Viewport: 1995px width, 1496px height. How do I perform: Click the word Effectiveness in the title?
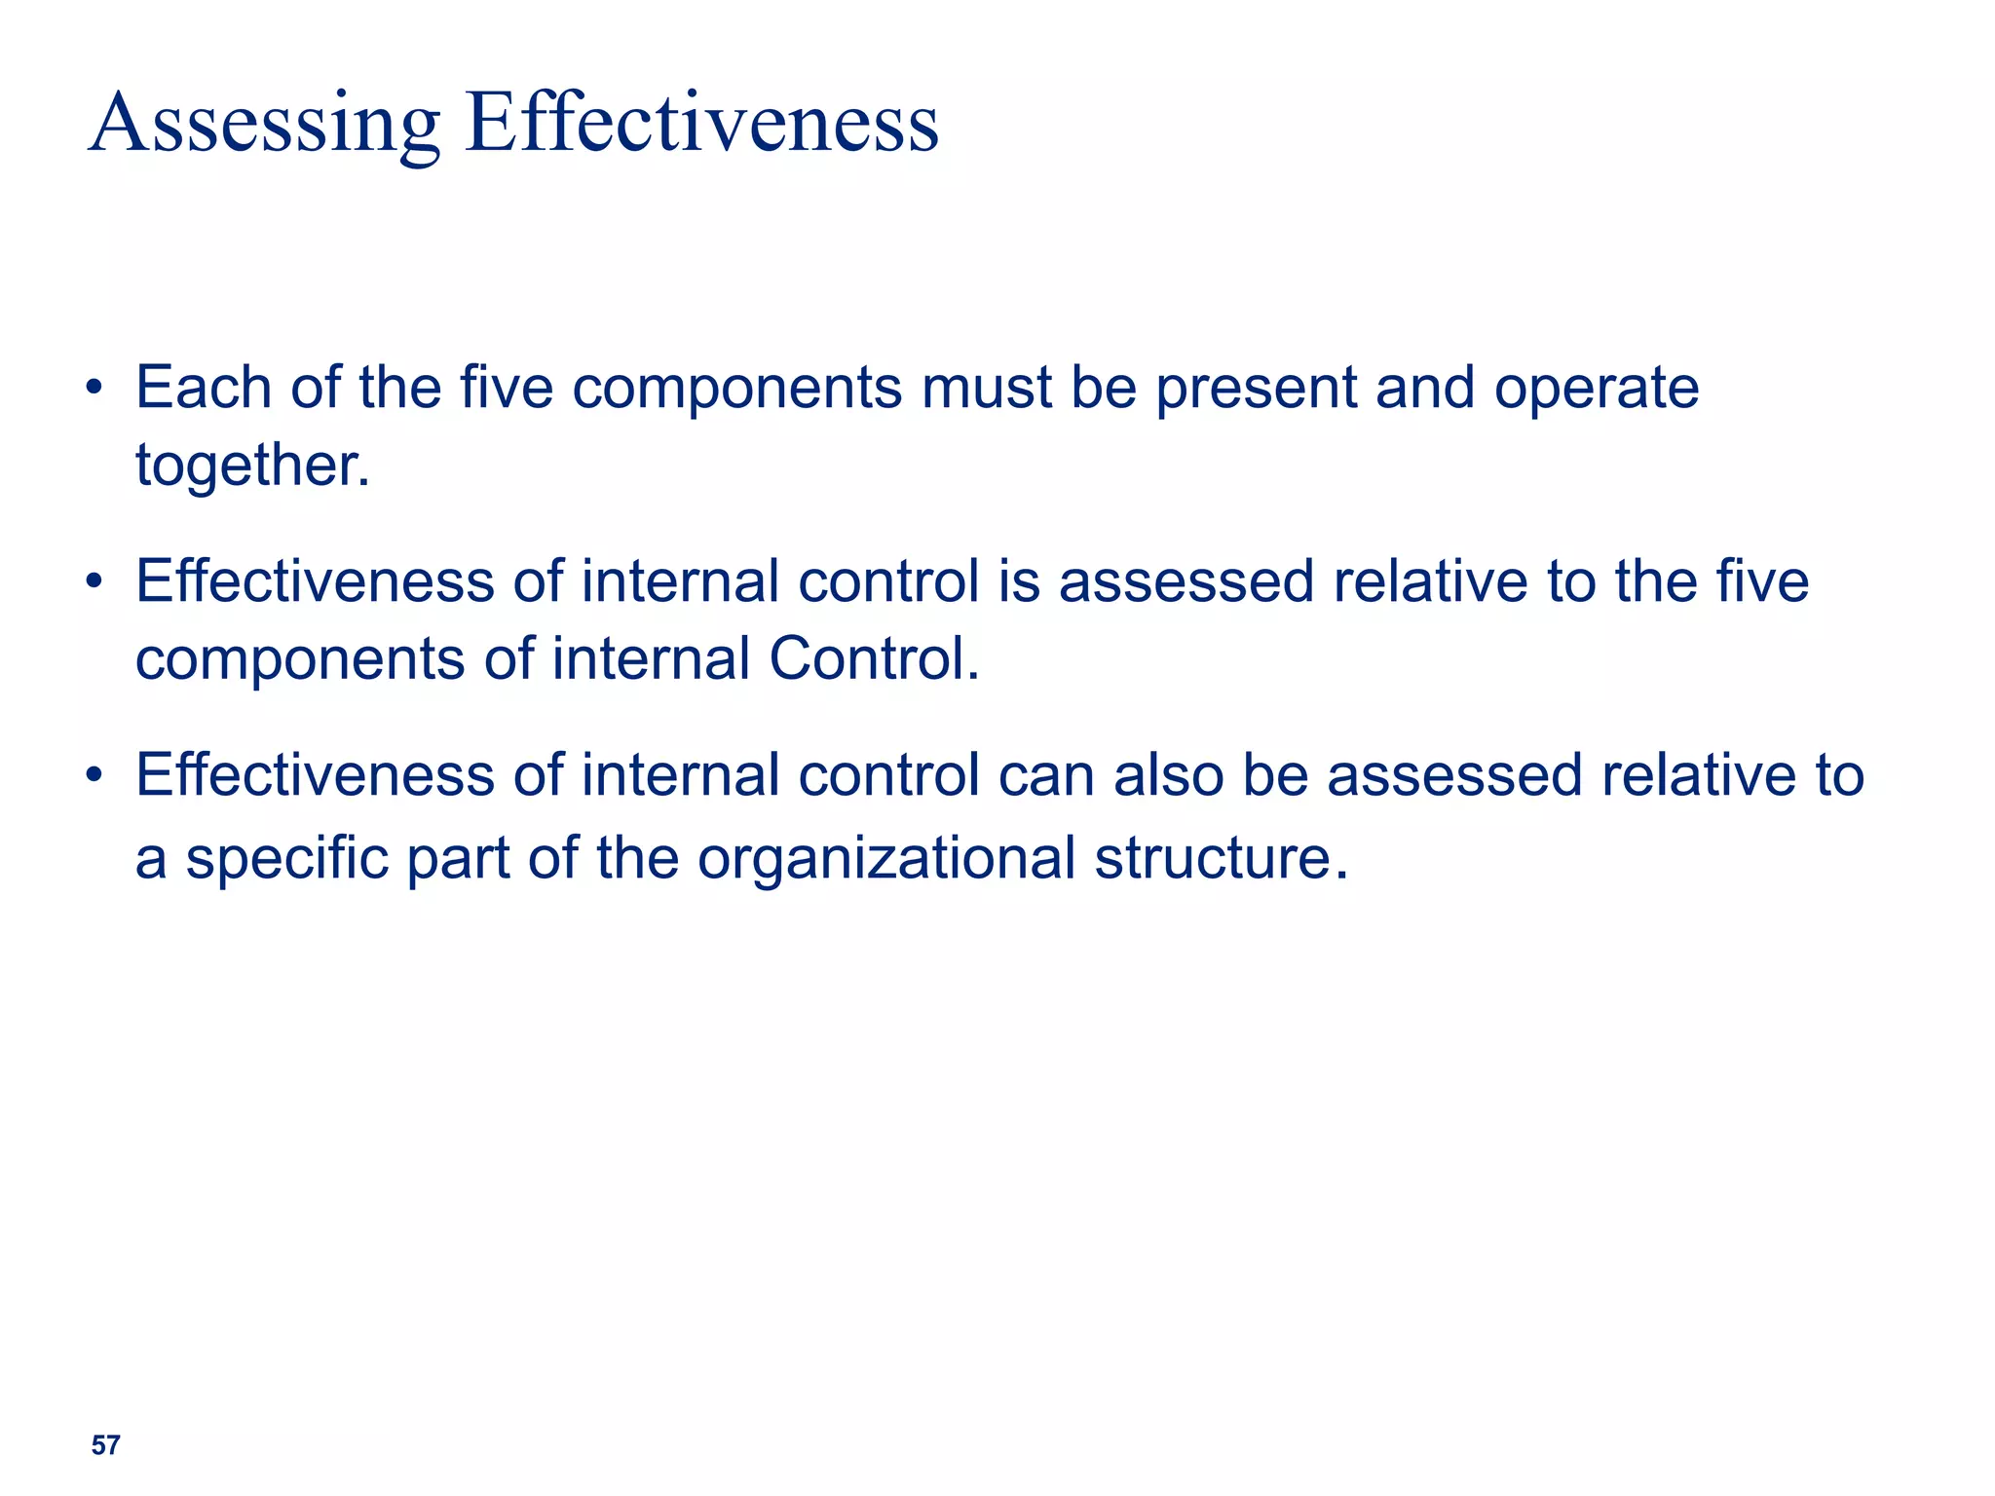[702, 123]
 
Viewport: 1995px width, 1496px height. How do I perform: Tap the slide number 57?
[105, 1445]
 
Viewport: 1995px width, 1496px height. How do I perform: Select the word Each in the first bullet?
[203, 388]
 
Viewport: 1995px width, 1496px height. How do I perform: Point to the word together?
[251, 466]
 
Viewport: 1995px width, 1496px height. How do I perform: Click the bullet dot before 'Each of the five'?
[94, 389]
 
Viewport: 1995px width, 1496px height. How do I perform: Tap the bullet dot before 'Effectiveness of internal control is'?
[94, 582]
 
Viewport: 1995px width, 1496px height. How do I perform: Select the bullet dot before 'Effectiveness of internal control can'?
[94, 776]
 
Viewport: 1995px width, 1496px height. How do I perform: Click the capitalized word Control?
[873, 658]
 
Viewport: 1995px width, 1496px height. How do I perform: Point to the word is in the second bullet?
[1019, 581]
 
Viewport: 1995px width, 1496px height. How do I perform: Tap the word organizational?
[885, 859]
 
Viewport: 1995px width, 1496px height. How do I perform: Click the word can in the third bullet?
[1046, 776]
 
